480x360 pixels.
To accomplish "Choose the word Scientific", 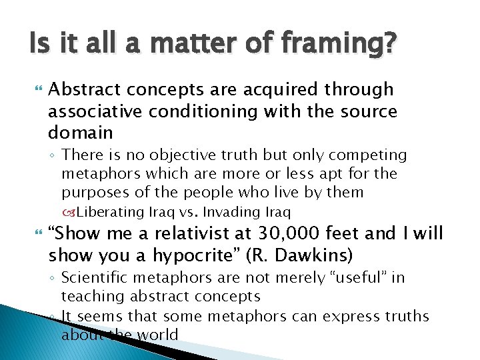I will click(105, 277).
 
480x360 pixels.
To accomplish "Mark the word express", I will click(351, 316).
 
